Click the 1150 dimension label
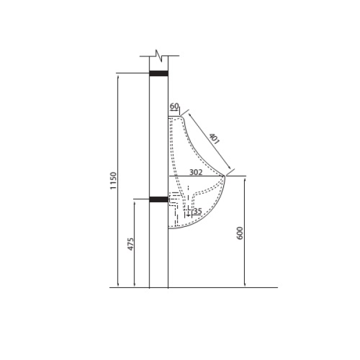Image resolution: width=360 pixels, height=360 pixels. (x=113, y=181)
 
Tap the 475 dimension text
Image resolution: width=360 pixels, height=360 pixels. (x=130, y=244)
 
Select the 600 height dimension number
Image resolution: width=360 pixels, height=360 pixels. (x=239, y=233)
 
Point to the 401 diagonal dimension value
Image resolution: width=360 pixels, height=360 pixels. (x=214, y=139)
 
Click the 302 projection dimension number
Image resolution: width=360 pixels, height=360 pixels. (x=196, y=172)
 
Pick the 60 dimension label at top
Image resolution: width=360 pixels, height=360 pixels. (x=174, y=106)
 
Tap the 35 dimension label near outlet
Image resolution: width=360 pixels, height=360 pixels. (x=197, y=211)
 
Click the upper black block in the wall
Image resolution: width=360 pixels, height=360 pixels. (x=158, y=73)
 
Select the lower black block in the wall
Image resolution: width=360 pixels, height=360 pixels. (x=158, y=199)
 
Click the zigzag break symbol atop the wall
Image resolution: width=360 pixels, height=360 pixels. (x=159, y=56)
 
